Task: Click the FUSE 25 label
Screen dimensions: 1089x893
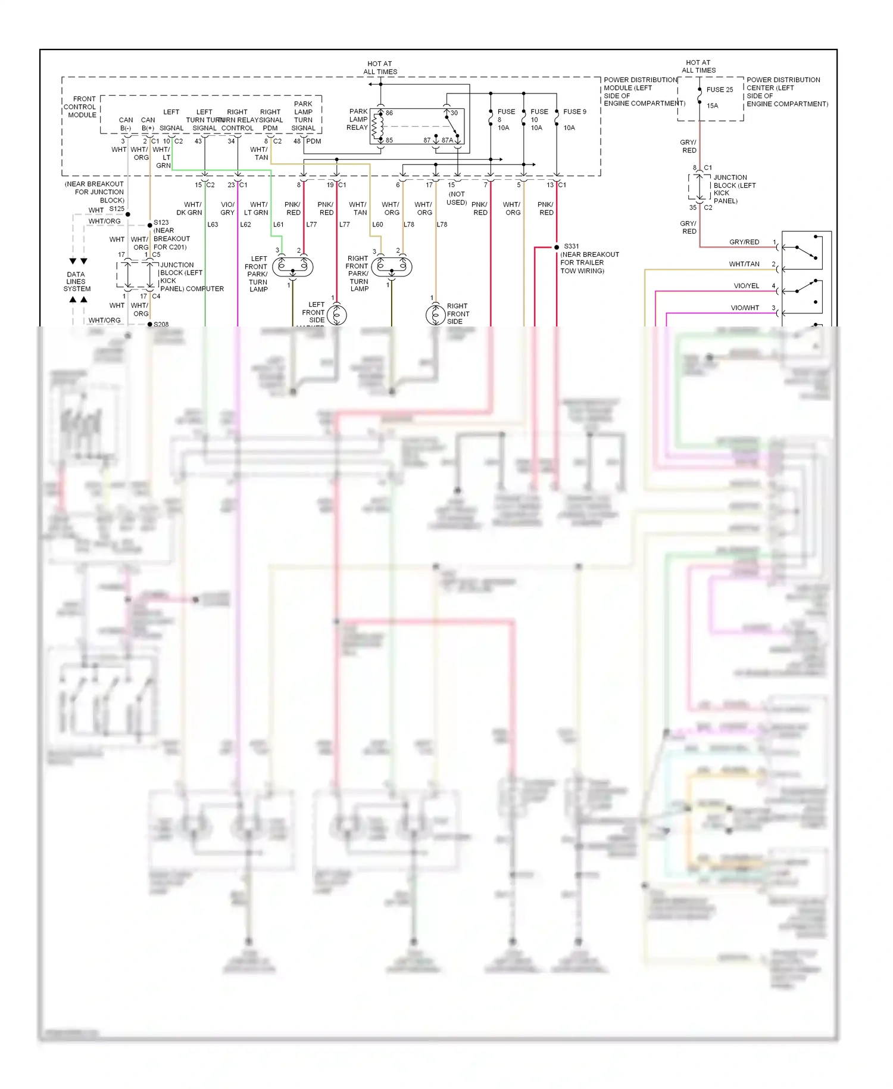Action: click(719, 90)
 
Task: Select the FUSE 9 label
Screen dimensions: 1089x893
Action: click(574, 111)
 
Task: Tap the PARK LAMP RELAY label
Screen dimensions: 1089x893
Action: click(358, 119)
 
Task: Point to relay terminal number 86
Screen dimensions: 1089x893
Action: click(389, 113)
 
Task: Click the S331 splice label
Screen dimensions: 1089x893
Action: click(571, 246)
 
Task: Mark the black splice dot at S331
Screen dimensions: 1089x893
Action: click(557, 247)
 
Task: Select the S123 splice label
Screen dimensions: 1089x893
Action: click(161, 222)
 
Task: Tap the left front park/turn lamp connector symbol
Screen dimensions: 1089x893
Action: click(292, 266)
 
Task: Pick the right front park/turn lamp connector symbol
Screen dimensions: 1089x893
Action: click(392, 266)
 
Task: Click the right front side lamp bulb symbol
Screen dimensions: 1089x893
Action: click(435, 315)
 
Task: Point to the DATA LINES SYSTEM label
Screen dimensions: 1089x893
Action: click(77, 282)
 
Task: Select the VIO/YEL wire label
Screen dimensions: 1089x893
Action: click(746, 286)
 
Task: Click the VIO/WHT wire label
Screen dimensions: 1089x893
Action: click(745, 308)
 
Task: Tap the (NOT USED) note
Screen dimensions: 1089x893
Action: click(457, 198)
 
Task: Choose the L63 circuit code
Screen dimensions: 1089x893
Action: click(213, 225)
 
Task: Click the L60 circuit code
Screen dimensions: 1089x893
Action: click(377, 225)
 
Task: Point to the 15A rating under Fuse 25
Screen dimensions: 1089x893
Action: click(712, 105)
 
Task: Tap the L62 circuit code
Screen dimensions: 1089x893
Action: click(245, 225)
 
